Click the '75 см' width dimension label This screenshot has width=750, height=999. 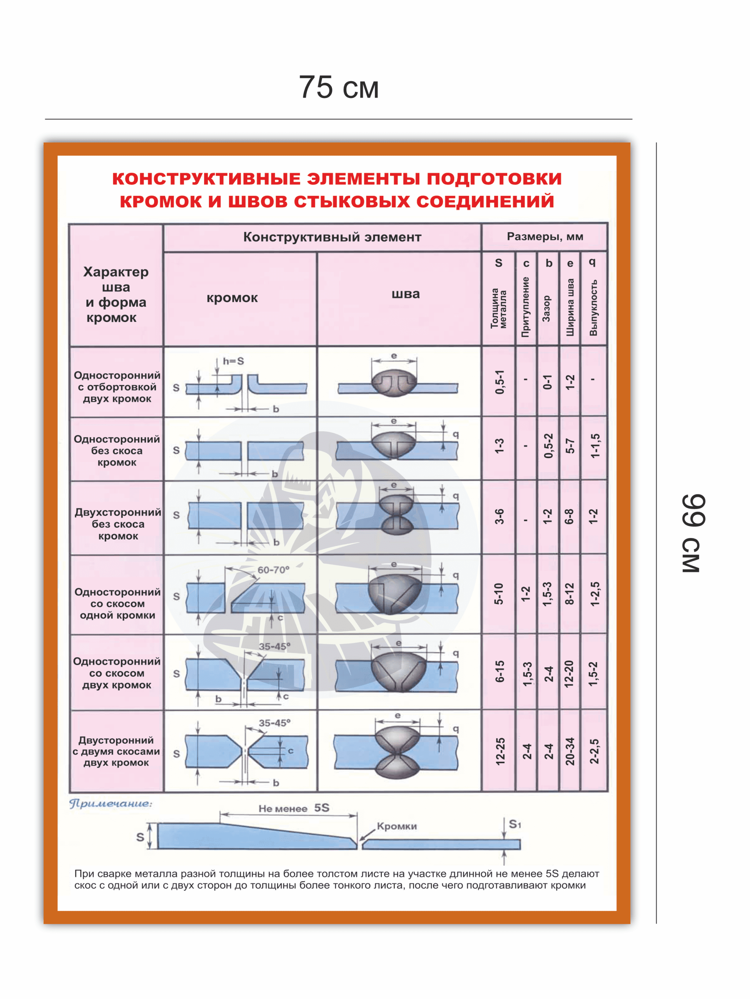(338, 87)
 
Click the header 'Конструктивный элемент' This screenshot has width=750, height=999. (332, 237)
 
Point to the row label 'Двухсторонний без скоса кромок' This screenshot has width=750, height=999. (118, 524)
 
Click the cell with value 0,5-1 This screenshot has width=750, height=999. (499, 382)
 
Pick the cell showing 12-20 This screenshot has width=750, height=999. (569, 674)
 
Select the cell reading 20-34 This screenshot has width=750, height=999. (570, 752)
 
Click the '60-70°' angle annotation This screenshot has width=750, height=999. (273, 570)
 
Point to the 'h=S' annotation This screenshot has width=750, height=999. (233, 361)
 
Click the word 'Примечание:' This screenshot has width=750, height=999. (111, 803)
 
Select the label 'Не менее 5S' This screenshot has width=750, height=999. (294, 808)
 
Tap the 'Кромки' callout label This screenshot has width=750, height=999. (397, 826)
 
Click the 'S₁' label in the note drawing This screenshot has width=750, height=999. (515, 824)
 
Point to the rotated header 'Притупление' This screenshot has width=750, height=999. (525, 307)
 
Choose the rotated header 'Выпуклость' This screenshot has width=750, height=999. (593, 308)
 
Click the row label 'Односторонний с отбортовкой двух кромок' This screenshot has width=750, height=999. (117, 387)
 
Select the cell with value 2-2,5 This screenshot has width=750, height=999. (594, 752)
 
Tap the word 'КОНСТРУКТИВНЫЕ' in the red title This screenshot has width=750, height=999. (206, 179)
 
